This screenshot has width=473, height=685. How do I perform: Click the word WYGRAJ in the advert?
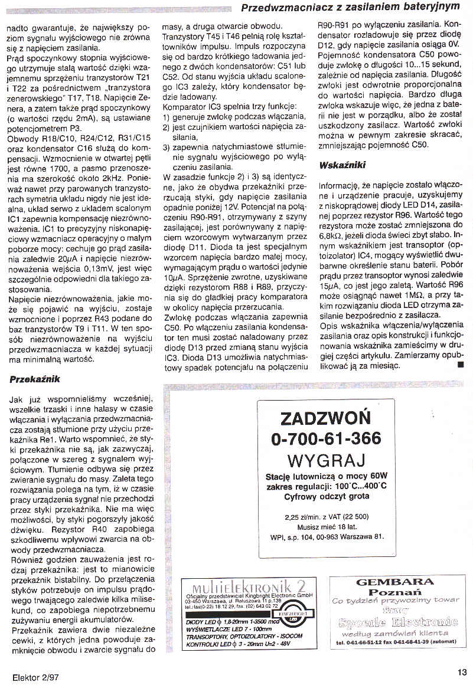(327, 460)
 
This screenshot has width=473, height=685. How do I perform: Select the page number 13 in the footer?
(462, 671)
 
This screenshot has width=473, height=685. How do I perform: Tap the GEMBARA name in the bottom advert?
(395, 582)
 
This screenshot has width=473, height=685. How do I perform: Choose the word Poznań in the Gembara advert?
(394, 592)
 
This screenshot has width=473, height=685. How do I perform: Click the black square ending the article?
(461, 365)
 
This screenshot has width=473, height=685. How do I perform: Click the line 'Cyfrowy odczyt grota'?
(327, 496)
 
